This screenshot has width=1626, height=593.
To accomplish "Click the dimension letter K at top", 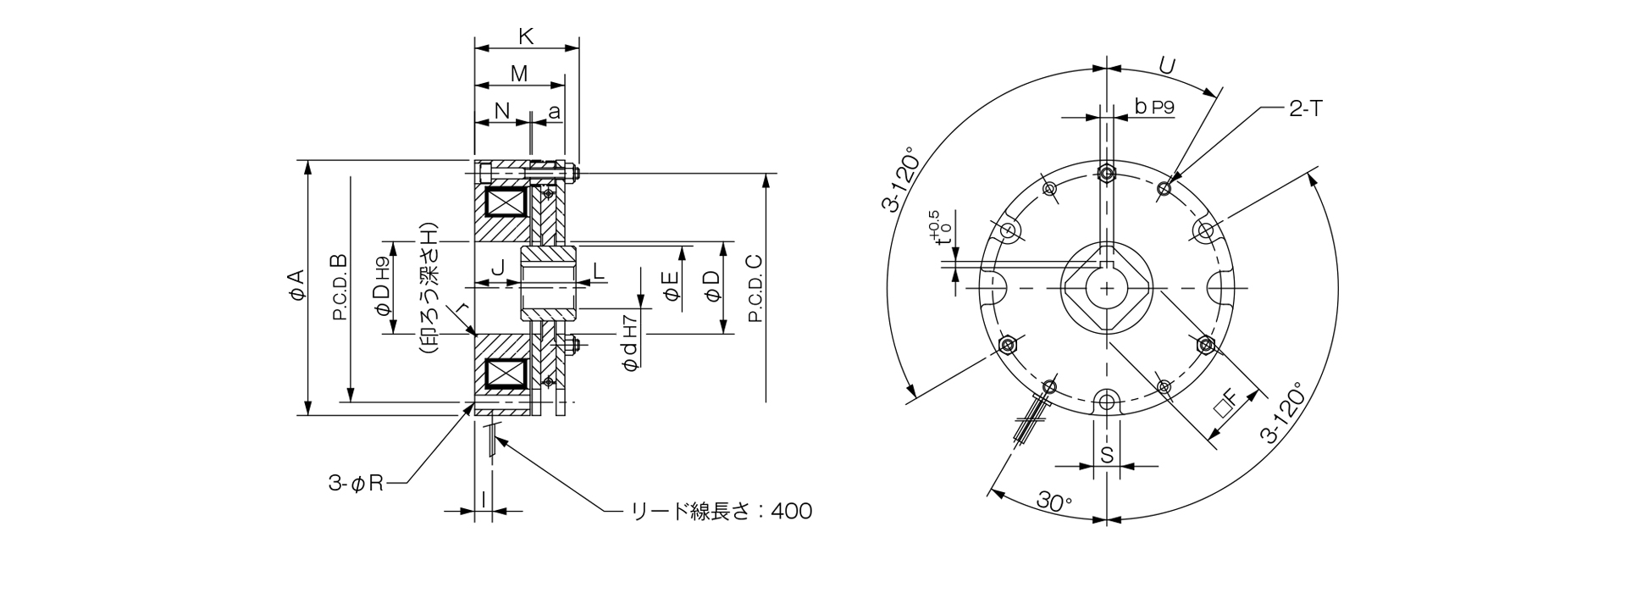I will (525, 36).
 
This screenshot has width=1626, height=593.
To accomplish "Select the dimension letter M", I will (519, 75).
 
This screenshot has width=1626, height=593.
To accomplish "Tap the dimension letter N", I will (501, 111).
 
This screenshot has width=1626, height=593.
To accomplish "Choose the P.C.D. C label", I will (755, 288).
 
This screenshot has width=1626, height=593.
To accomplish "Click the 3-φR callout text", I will (357, 484).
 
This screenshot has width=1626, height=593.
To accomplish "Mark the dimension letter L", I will (598, 270).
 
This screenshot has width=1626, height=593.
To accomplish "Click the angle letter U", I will (1166, 66).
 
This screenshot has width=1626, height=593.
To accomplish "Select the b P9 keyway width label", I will (1153, 107).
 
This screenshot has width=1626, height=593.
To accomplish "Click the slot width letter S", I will (1106, 455).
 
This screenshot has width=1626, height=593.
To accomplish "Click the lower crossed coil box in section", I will (505, 374).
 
